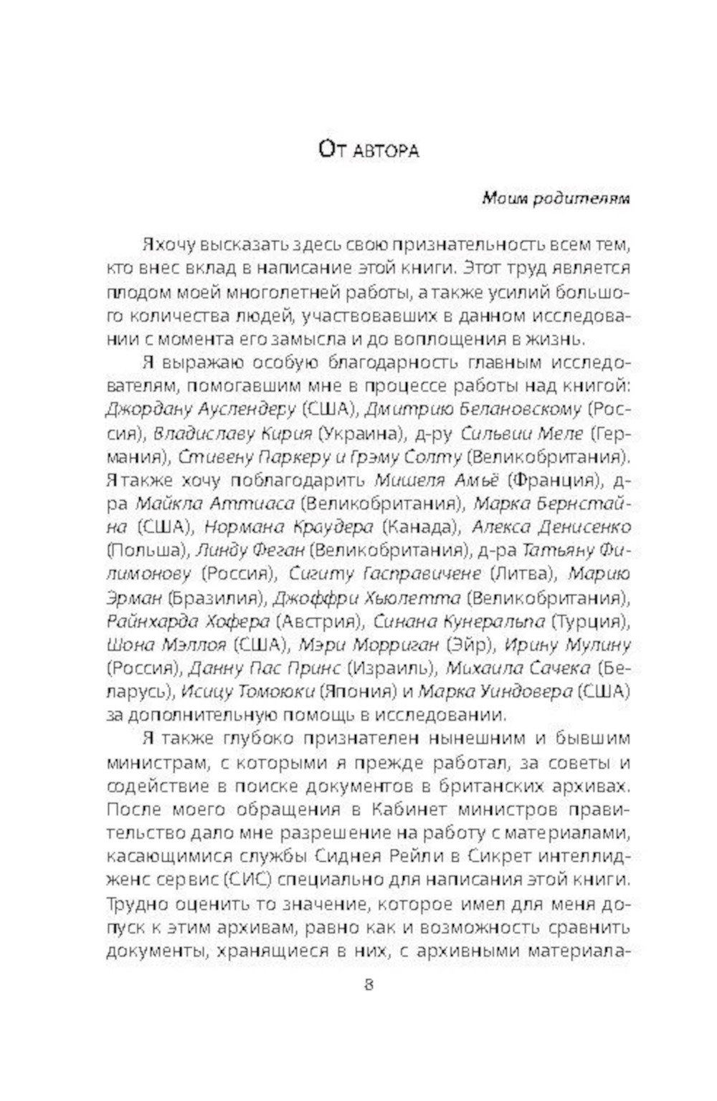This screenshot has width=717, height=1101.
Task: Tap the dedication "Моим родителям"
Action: [556, 198]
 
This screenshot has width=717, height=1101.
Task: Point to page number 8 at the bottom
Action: [369, 984]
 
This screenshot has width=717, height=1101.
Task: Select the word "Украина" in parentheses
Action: [358, 433]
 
